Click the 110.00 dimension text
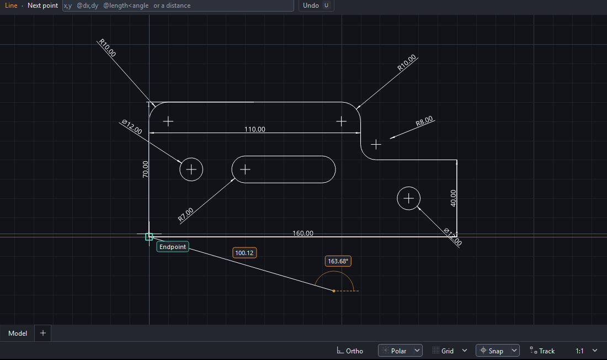pos(255,129)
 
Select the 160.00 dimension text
pos(303,234)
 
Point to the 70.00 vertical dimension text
pos(145,170)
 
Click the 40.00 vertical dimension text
pos(453,198)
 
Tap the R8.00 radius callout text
pos(424,121)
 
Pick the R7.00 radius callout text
pos(185,215)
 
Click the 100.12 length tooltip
pos(244,253)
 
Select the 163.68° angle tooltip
pos(338,261)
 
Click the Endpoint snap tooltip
pos(173,247)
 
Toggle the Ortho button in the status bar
pos(350,351)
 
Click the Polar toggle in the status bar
pos(395,351)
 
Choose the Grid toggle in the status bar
pos(443,351)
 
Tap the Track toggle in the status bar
pos(542,351)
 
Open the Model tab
pos(18,333)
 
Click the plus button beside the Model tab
pos(43,333)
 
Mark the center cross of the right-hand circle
pos(408,198)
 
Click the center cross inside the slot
pos(245,170)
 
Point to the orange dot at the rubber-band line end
pos(334,291)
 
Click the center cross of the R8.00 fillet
pos(376,145)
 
